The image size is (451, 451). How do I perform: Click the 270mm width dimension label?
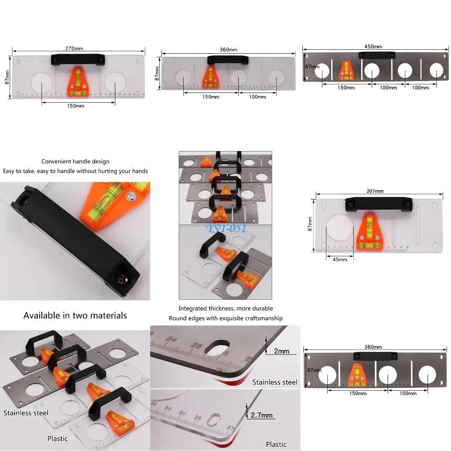pos(74,48)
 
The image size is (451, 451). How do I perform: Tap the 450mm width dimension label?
pos(373,47)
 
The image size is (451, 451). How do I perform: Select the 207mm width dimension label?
pos(375,191)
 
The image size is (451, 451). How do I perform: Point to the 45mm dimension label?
pos(340,259)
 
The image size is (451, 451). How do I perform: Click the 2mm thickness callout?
pos(281,351)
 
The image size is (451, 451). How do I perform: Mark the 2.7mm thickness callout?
pos(262,415)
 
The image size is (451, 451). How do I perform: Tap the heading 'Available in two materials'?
pos(75,315)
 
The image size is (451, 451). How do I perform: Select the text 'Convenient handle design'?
pos(75,162)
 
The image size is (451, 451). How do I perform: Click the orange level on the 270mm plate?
pos(78,79)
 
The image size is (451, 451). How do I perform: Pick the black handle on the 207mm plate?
pos(379,203)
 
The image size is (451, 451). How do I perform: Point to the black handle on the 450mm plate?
pos(377,55)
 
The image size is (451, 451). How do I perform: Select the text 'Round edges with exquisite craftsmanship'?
pos(225,318)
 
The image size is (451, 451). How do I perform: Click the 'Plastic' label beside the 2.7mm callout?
pos(276,444)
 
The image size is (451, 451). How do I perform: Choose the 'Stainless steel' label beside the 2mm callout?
pos(275,382)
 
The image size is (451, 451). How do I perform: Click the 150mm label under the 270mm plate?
pos(76,106)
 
